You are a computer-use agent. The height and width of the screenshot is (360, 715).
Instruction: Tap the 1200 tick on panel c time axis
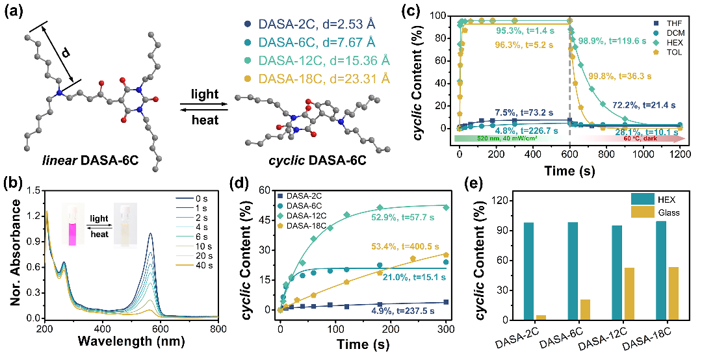point(681,154)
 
